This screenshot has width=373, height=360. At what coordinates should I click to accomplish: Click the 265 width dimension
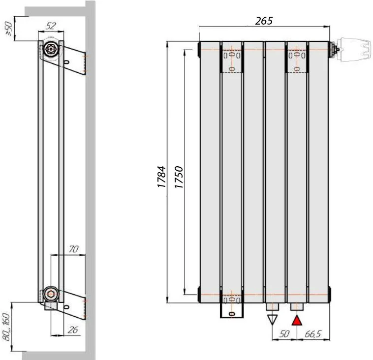[264, 21]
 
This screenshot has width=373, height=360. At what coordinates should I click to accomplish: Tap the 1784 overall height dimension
[161, 177]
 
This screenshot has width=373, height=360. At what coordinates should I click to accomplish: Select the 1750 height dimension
[179, 177]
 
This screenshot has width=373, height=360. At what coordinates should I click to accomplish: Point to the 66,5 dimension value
[313, 334]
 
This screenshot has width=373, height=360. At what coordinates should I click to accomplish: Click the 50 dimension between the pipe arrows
[284, 334]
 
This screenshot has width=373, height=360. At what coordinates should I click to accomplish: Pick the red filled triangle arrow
[297, 320]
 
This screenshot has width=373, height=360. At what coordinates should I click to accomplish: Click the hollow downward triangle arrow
[273, 320]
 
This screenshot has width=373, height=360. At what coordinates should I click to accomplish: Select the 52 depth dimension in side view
[51, 26]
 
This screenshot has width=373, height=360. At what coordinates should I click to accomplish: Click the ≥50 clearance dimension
[8, 29]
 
